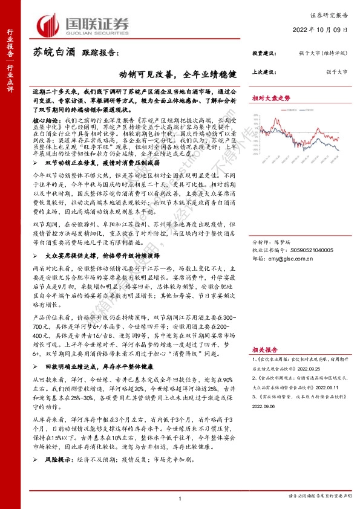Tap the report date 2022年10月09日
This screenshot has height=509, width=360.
(326, 30)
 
